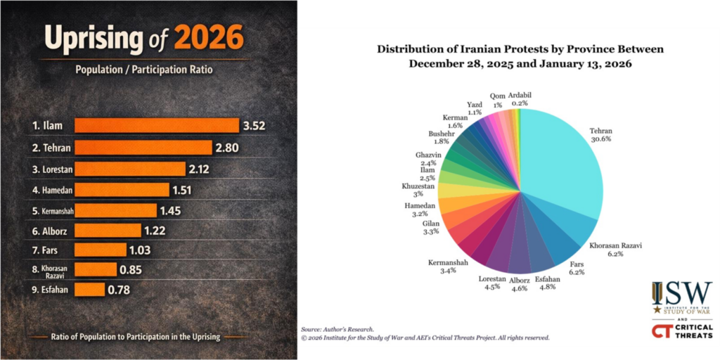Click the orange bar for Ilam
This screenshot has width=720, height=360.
(156, 126)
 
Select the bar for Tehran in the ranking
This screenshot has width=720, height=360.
(143, 148)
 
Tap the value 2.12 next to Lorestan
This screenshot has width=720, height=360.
(195, 169)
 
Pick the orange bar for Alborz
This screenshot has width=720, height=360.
(109, 230)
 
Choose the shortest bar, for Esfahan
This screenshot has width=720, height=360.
(89, 289)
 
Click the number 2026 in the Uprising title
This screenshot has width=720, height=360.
(209, 38)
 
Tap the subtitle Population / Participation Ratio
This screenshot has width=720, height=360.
(143, 70)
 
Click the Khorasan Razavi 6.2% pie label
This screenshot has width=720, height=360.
(616, 250)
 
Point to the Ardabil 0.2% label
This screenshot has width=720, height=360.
(521, 98)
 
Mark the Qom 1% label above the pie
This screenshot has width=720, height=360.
(497, 100)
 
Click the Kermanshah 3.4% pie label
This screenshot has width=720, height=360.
(448, 266)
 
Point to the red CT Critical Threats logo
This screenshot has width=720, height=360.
(681, 330)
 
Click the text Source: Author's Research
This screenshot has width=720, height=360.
(337, 329)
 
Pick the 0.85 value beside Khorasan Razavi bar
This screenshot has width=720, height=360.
(131, 269)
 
